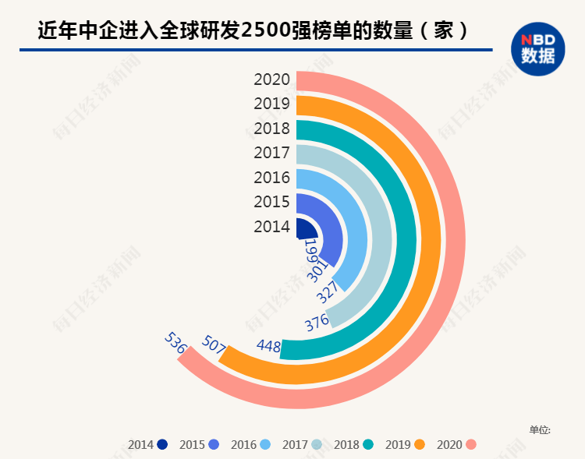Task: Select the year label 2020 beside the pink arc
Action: coord(271,79)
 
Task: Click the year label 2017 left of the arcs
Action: coord(271,153)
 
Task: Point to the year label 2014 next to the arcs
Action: coord(271,227)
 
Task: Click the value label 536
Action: coord(175,343)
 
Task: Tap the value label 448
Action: coord(268,345)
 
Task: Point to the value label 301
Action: coord(317,271)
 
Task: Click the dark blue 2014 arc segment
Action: coord(307,228)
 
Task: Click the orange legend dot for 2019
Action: coord(419,445)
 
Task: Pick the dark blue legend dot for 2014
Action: coord(162,445)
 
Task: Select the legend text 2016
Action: coord(243,445)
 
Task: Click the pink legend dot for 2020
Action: coord(470,445)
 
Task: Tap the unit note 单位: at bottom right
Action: coord(540,429)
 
